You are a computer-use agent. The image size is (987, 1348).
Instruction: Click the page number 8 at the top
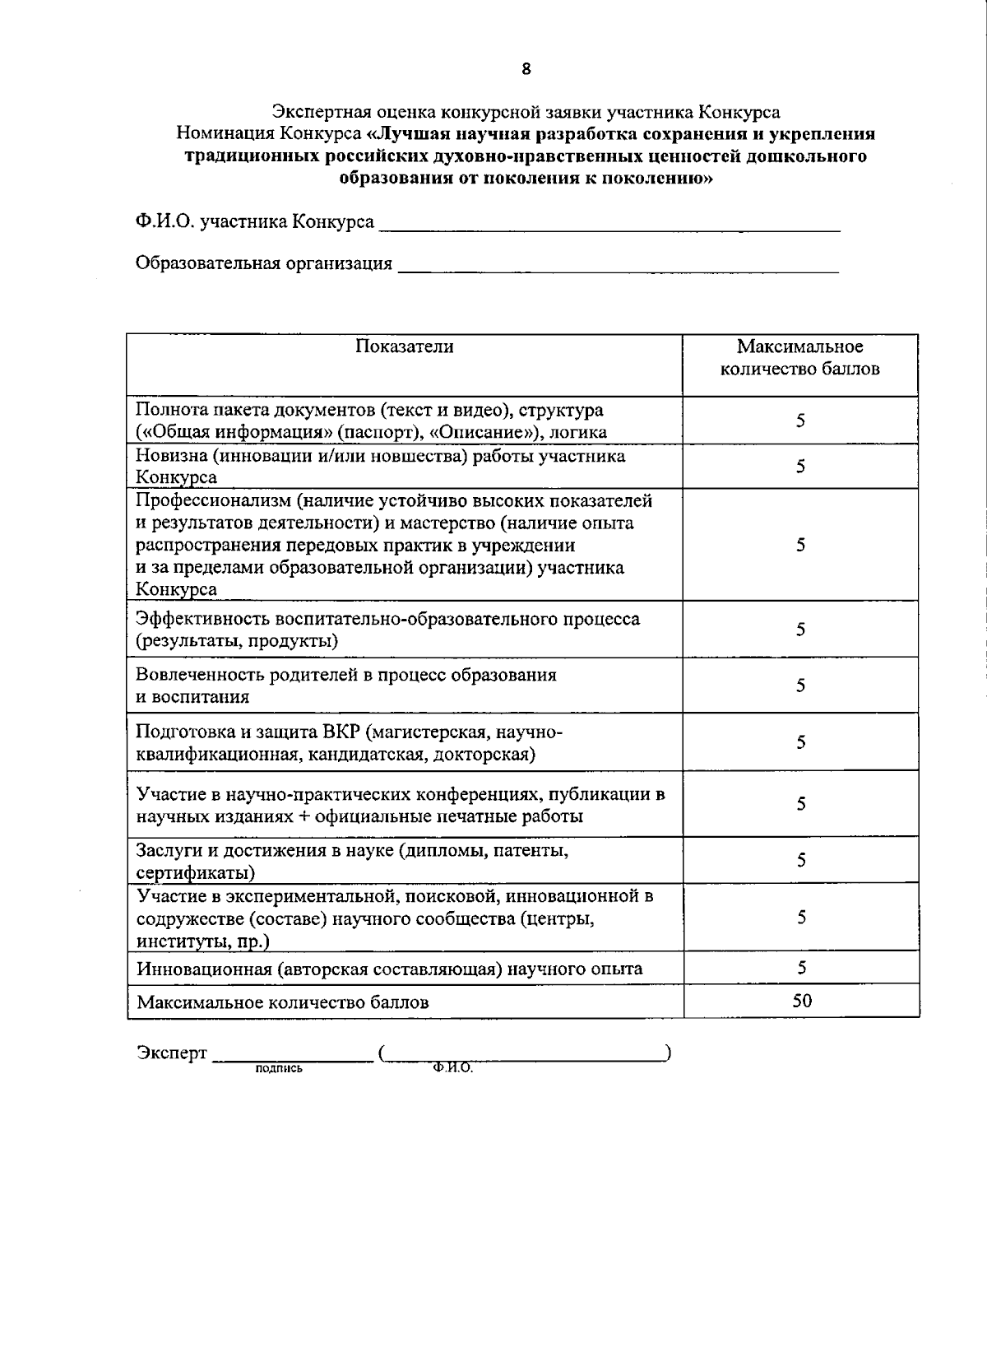pos(526,69)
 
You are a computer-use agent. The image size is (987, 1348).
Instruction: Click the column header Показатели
pos(404,346)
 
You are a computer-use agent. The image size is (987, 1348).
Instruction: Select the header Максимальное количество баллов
pos(799,358)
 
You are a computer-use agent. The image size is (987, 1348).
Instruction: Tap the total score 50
pos(802,1000)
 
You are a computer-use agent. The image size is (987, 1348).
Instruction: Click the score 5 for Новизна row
pos(800,467)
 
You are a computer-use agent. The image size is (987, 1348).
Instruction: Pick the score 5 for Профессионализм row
pos(800,545)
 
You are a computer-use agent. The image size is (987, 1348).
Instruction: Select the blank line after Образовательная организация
pos(619,267)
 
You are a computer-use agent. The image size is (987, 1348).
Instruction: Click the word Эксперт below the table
pos(171,1053)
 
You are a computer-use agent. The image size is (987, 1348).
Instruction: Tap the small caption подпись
pos(280,1069)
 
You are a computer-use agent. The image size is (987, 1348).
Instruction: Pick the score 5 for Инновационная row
pos(801,967)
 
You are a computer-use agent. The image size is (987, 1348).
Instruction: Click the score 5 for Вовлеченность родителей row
pos(800,685)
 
